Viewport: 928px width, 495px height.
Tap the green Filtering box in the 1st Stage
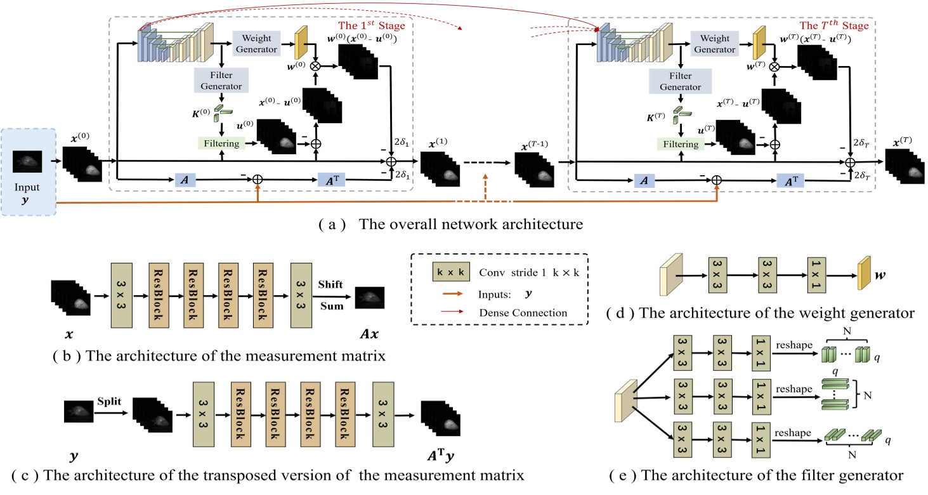[x=221, y=143]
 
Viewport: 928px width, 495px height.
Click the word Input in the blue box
[x=28, y=188]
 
